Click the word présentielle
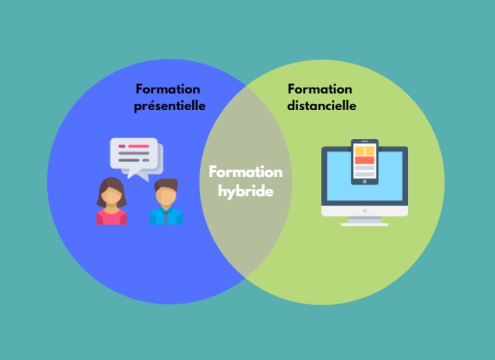(x=169, y=107)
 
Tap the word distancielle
(x=321, y=106)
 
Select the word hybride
(x=245, y=190)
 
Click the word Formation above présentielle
(x=168, y=89)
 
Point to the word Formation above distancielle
(x=320, y=89)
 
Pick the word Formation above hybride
(x=245, y=172)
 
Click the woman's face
(x=111, y=195)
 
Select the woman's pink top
(x=111, y=218)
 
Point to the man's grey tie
(x=166, y=218)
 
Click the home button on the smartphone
(x=365, y=181)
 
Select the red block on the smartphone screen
(x=365, y=160)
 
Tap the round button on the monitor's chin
(x=365, y=210)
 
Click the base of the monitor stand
(x=365, y=224)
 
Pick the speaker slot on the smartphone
(x=365, y=142)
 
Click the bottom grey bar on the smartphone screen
(x=365, y=174)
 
